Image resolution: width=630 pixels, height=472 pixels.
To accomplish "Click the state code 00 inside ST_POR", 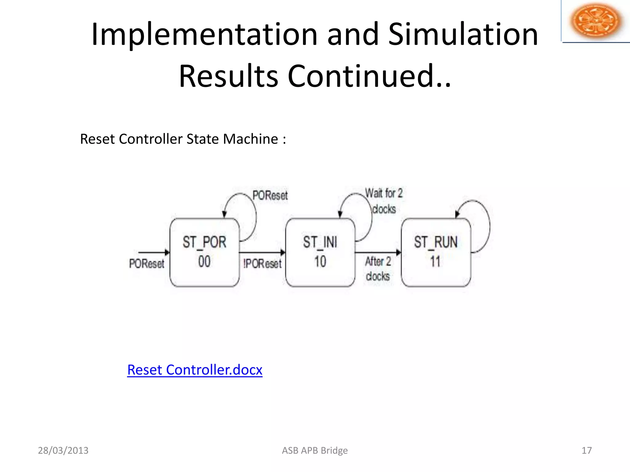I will (204, 262).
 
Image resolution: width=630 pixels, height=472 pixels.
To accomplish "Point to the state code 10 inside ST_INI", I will (320, 262).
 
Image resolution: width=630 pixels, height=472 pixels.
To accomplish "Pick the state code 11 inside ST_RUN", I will (435, 262).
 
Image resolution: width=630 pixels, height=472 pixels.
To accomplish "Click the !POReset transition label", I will (262, 264).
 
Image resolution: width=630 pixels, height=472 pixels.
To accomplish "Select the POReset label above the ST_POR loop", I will (270, 195).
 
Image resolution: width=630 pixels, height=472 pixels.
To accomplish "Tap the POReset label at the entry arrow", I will (147, 264).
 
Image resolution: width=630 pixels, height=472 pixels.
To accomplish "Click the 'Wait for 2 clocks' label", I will (384, 201).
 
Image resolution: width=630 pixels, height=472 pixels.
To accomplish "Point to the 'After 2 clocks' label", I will (378, 269).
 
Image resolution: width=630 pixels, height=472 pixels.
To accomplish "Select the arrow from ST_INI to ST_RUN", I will (378, 253).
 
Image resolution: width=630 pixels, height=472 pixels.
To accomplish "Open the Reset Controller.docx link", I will (195, 370).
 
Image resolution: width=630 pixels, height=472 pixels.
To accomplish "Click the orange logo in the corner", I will (596, 21).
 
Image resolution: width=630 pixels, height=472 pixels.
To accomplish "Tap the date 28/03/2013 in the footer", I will (63, 450).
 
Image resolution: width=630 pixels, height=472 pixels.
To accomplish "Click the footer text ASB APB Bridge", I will (315, 450).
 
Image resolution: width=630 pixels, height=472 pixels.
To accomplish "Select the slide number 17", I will (587, 450).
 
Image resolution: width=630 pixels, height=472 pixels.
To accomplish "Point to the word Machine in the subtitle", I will (250, 139).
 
